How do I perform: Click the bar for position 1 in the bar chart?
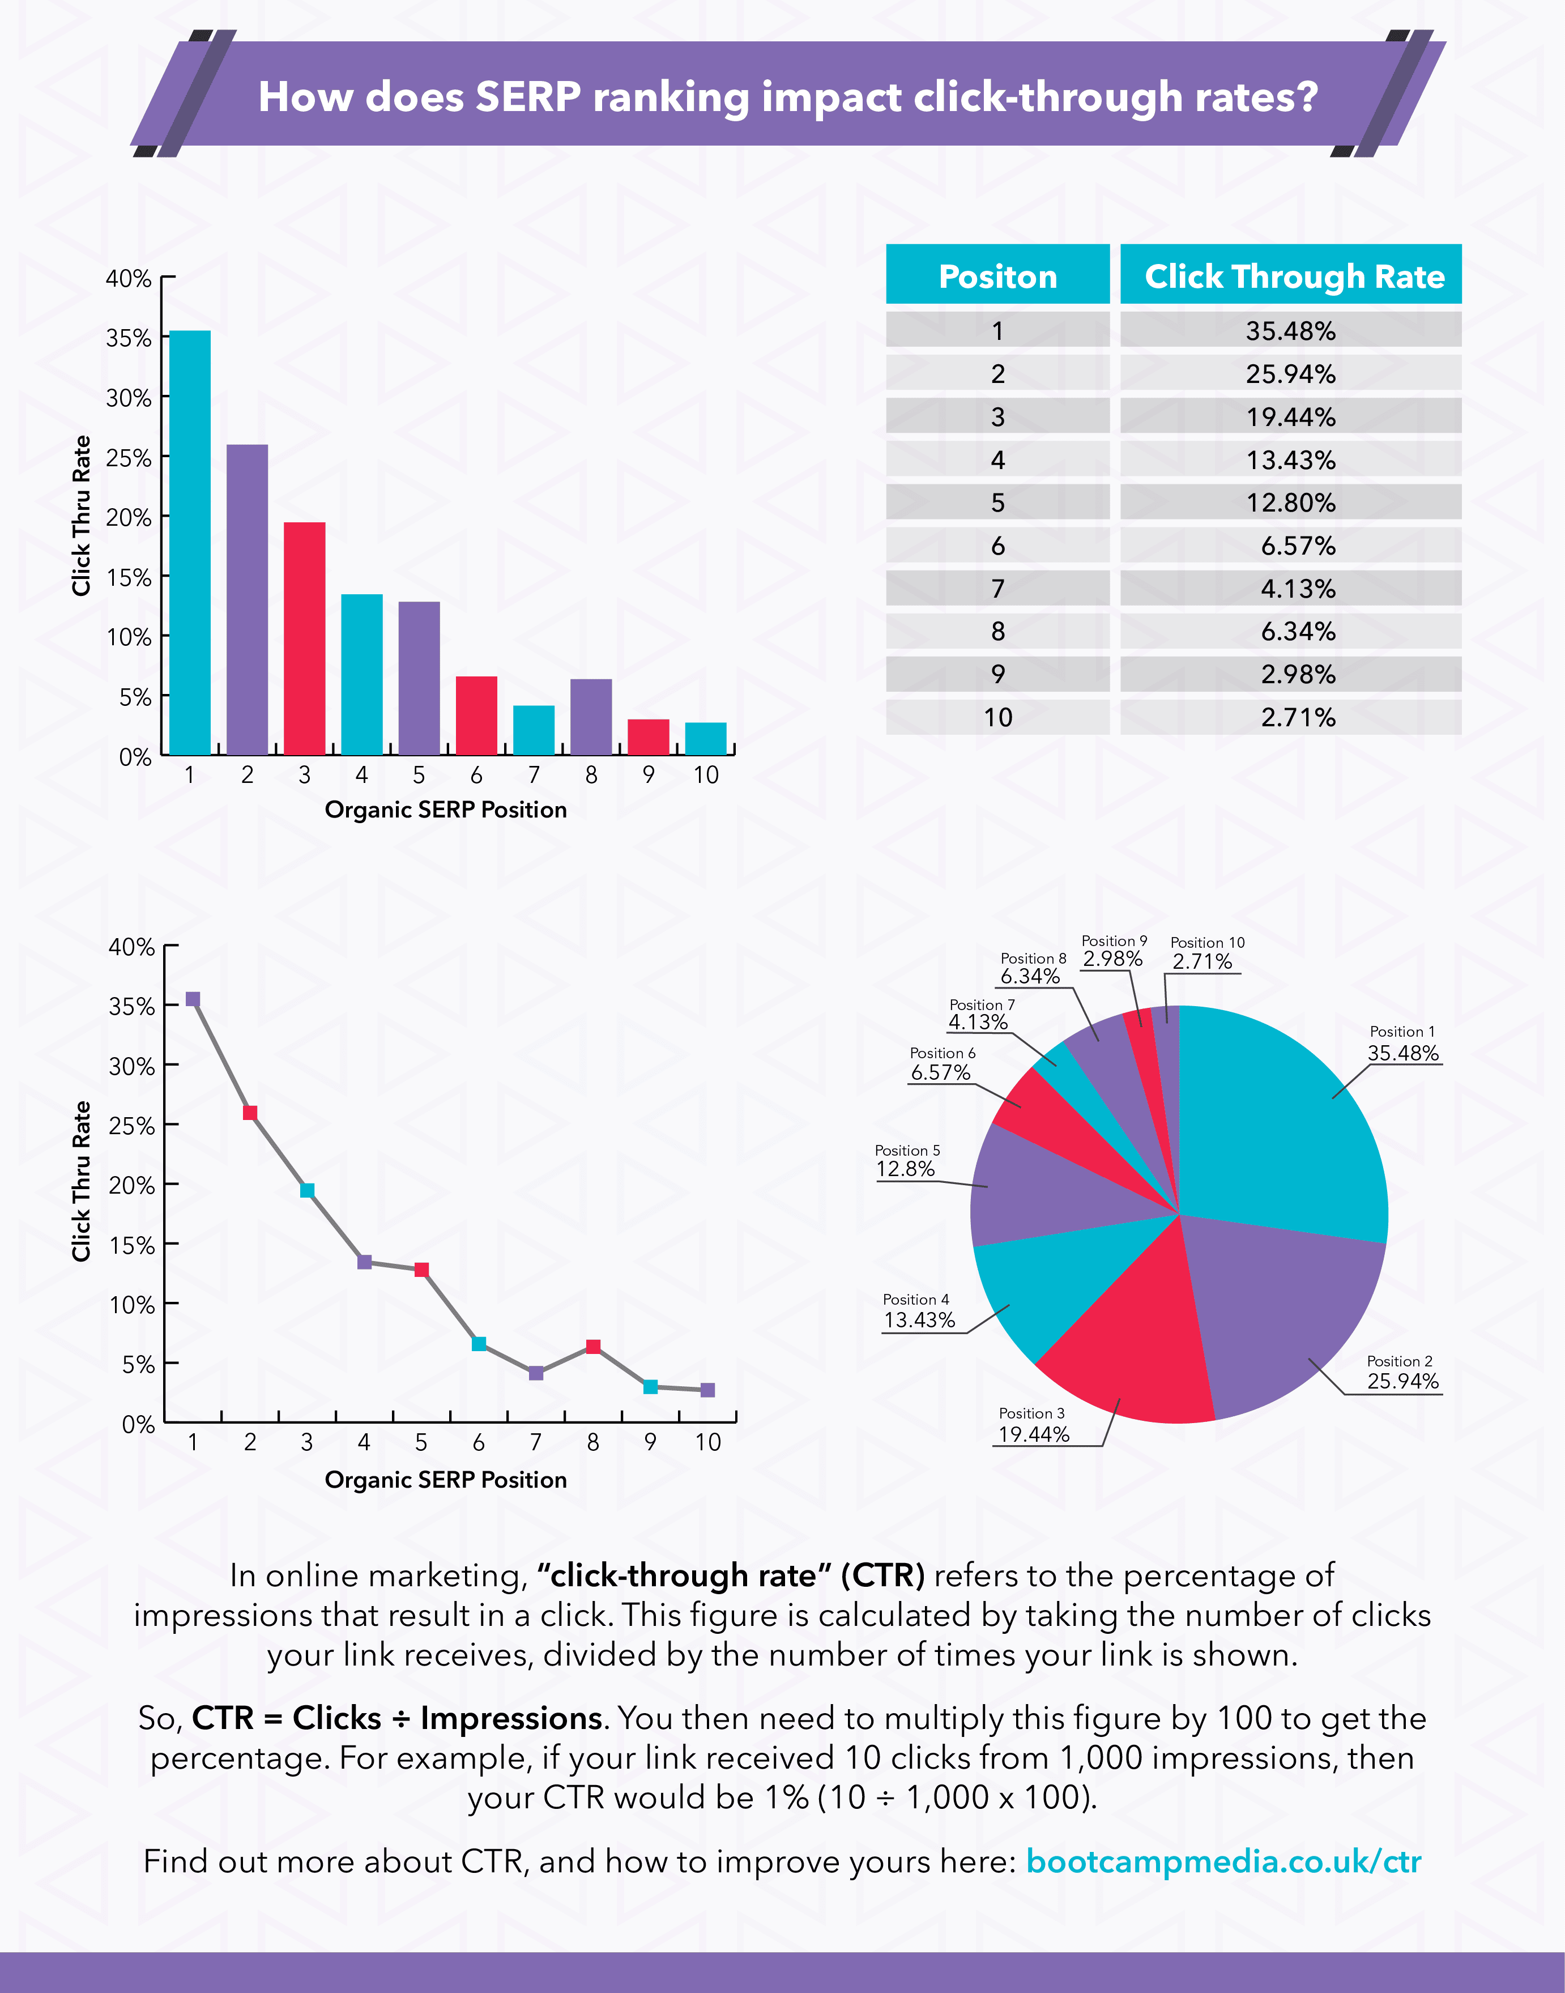[x=190, y=543]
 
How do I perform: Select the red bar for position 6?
[x=476, y=716]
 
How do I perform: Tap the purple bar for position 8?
[x=591, y=717]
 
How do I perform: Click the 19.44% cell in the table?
[x=1290, y=417]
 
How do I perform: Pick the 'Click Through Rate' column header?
[x=1294, y=276]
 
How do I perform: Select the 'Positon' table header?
[x=998, y=276]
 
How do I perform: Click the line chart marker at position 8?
[x=593, y=1346]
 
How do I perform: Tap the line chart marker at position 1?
[x=193, y=999]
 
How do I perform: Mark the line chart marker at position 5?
[x=421, y=1269]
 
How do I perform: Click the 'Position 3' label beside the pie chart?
[x=1032, y=1413]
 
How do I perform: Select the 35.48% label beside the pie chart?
[x=1403, y=1053]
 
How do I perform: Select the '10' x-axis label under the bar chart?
[x=706, y=775]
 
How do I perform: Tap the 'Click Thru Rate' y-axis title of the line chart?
[x=82, y=1181]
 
